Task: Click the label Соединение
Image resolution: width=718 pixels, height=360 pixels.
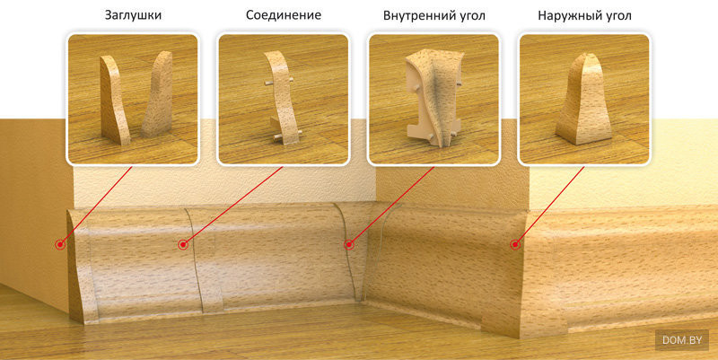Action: pyautogui.click(x=283, y=16)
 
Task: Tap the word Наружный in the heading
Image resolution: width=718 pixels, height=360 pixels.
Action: pyautogui.click(x=567, y=16)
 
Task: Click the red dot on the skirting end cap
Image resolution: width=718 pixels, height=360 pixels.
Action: pyautogui.click(x=59, y=244)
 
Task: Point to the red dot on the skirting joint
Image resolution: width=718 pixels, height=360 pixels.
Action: pyautogui.click(x=183, y=244)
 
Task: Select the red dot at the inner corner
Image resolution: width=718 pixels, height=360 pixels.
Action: pyautogui.click(x=347, y=243)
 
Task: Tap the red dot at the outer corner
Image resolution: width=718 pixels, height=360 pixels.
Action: pyautogui.click(x=515, y=243)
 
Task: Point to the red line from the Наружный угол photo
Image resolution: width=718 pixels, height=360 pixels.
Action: pyautogui.click(x=547, y=205)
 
